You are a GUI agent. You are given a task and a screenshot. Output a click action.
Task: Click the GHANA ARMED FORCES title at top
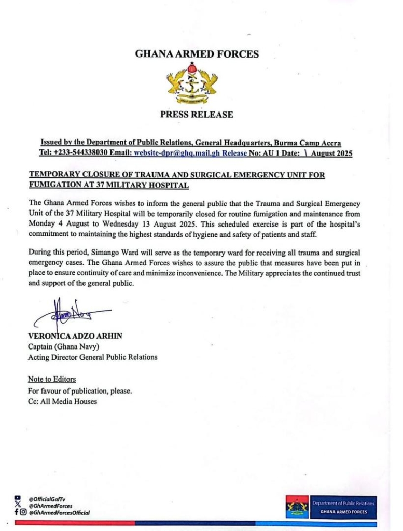coord(197,54)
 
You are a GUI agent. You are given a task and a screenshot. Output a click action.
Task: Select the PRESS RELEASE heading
coord(197,115)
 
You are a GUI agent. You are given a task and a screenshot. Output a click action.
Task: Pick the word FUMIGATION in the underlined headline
coord(54,185)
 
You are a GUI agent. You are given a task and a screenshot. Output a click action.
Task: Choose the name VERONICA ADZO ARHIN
coord(75,336)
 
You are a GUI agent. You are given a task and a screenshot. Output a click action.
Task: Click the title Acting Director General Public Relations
coord(92,357)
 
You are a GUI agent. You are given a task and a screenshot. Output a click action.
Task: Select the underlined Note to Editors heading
coord(51,379)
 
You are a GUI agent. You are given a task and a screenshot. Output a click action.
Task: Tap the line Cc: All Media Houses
coord(62,401)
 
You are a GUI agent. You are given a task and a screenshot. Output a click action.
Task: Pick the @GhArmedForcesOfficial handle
coord(59,512)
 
